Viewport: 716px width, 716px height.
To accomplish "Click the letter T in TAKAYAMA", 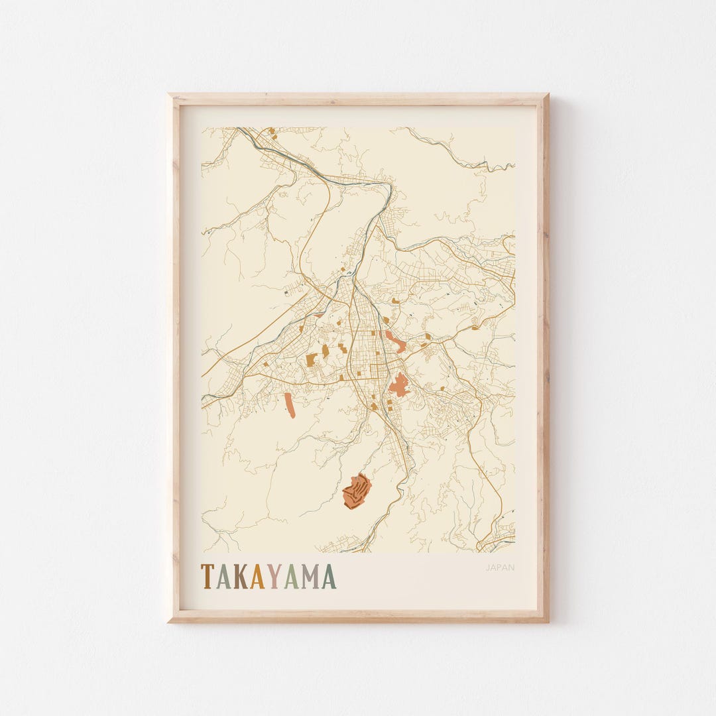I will tap(208, 577).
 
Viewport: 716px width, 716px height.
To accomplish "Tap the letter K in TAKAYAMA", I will tap(240, 577).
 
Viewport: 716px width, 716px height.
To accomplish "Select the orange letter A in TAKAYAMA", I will tap(257, 577).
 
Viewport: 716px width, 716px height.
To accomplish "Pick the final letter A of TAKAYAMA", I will tap(329, 577).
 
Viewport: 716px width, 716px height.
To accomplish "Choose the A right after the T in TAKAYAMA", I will tap(223, 577).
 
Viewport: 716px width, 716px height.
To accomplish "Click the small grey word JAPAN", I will tap(500, 567).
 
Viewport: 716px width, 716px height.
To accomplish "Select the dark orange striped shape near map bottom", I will tap(357, 492).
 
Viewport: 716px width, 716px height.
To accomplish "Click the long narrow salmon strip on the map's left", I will tap(290, 405).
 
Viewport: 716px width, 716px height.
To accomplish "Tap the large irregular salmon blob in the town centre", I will tap(398, 385).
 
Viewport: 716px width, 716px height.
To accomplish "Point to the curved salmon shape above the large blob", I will tap(396, 343).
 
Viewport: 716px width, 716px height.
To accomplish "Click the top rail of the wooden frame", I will tap(358, 99).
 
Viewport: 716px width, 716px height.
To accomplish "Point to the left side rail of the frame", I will tap(174, 358).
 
